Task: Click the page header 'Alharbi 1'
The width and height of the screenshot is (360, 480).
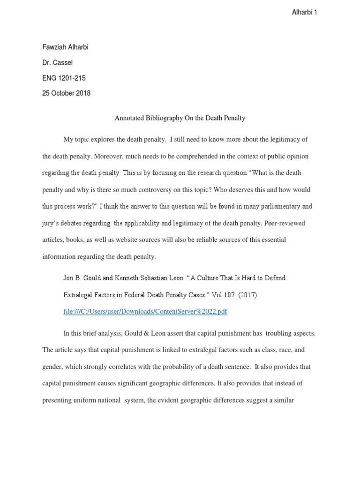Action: click(x=304, y=13)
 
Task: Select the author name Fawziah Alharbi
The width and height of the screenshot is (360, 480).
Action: click(x=66, y=48)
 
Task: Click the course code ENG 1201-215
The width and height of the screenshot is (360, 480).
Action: click(x=64, y=78)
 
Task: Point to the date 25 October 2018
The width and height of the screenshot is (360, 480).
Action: click(x=66, y=93)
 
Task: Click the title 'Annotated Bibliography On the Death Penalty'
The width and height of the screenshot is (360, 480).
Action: click(x=180, y=118)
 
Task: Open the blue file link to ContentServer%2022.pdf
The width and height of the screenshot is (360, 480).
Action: click(x=145, y=312)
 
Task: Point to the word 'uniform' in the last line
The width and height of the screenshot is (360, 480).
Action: click(x=90, y=401)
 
